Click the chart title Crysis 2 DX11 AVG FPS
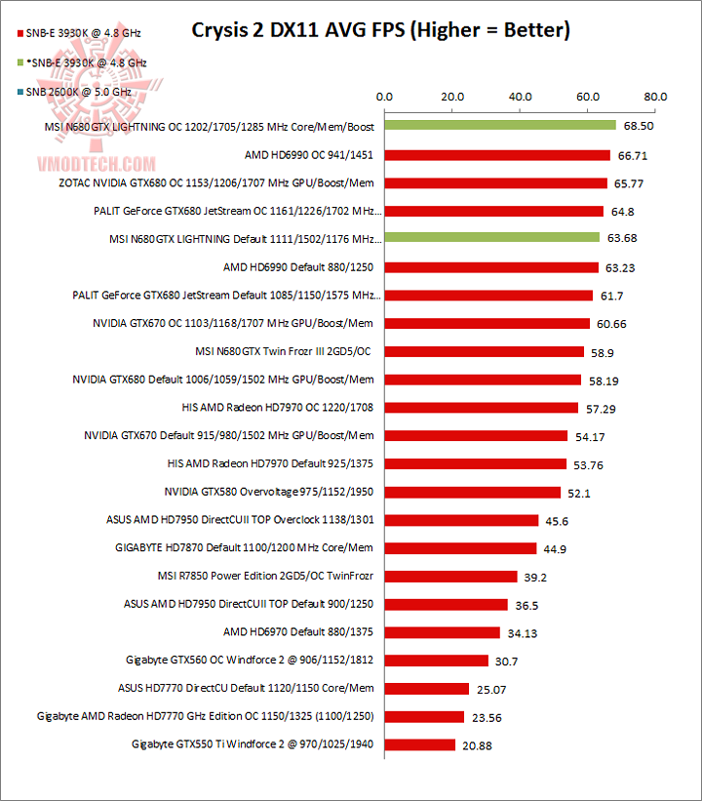coord(379,30)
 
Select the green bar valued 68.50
coord(499,126)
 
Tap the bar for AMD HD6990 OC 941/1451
coord(496,154)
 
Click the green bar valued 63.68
coord(491,238)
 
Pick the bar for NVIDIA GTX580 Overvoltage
coord(472,492)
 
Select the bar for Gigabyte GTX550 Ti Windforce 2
coord(419,744)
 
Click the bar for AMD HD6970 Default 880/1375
coord(442,632)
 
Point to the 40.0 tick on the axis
coord(520,97)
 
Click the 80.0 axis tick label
coord(655,97)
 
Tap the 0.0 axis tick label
coord(384,97)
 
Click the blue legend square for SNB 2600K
coord(8,90)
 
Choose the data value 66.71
coord(634,155)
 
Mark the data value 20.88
coord(479,745)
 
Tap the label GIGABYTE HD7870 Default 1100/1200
coord(244,548)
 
